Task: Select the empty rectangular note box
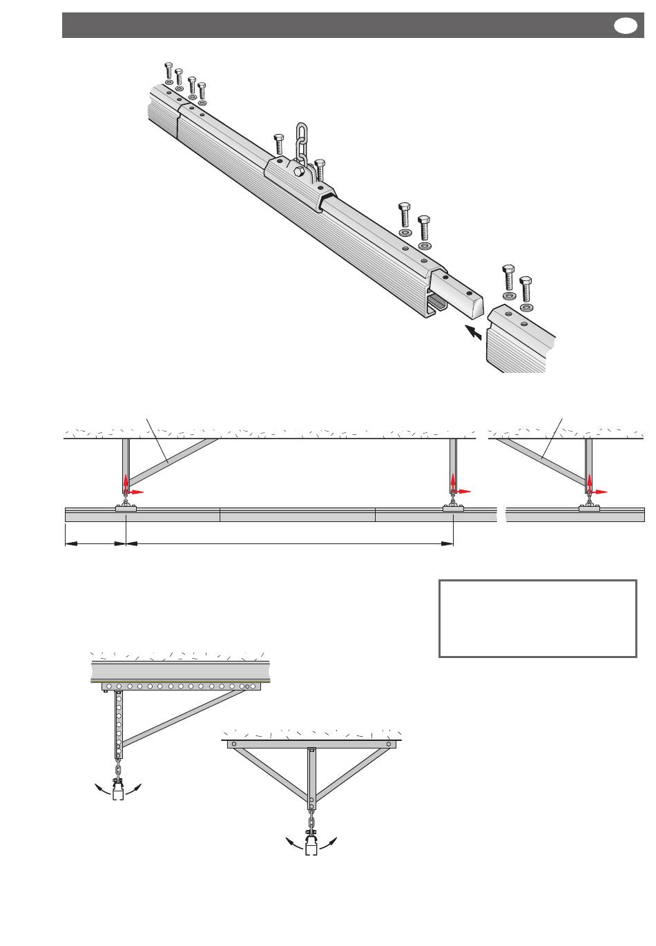click(537, 618)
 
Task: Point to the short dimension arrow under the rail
click(95, 544)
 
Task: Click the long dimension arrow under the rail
click(289, 544)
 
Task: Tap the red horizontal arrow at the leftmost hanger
click(136, 492)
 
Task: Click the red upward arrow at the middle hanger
click(453, 482)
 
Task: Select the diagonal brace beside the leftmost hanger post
click(173, 461)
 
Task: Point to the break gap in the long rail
click(501, 514)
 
